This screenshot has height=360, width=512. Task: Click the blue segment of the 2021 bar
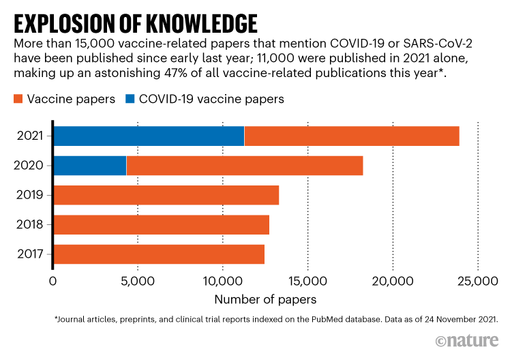tap(149, 136)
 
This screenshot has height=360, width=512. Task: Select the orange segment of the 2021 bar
tap(351, 136)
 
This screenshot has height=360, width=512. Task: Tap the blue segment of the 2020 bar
tap(90, 166)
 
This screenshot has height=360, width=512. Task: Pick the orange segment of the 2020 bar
tap(244, 166)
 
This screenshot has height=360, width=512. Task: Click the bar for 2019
tap(166, 195)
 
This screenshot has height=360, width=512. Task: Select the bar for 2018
tap(161, 224)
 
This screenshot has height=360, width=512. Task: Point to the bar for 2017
tap(158, 254)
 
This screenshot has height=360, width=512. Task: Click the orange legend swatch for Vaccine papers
tap(18, 100)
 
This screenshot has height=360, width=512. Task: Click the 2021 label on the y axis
tap(31, 136)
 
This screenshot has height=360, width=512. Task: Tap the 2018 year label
tap(31, 224)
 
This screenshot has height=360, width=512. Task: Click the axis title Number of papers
tap(265, 299)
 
